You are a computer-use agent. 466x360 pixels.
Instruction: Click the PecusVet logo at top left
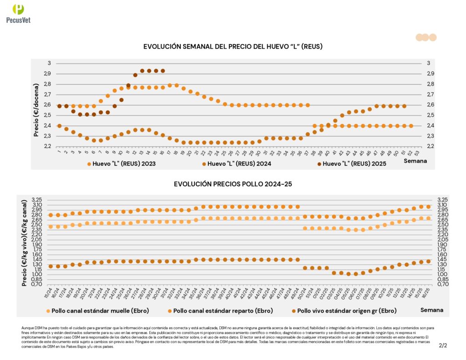[18, 13]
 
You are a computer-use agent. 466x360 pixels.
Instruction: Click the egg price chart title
[233, 47]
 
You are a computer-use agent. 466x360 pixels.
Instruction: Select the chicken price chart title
[233, 184]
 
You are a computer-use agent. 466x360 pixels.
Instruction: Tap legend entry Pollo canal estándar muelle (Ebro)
[98, 311]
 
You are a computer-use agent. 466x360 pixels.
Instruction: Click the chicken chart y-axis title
[25, 243]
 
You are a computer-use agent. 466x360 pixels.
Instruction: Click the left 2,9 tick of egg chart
[47, 74]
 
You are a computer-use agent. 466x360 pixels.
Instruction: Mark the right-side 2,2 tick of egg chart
[430, 146]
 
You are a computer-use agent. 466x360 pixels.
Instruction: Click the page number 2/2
[443, 346]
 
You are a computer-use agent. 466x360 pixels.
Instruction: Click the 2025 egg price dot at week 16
[163, 71]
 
